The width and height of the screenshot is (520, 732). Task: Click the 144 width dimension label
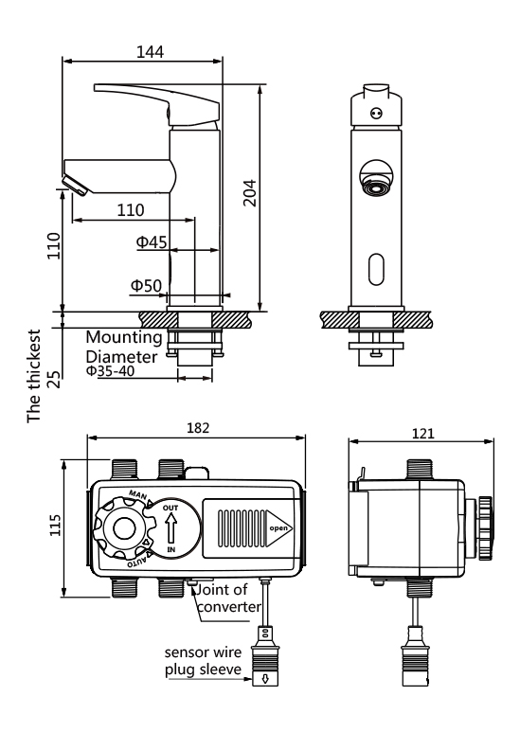pos(150,52)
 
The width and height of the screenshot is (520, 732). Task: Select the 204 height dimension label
pos(250,193)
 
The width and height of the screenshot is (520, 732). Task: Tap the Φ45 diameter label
pos(152,241)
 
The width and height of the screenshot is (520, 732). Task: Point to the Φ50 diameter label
pos(146,285)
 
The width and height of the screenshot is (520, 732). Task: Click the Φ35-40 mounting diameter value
pos(110,370)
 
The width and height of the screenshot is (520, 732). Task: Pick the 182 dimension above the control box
pos(198,428)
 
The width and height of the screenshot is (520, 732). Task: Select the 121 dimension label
pos(422,434)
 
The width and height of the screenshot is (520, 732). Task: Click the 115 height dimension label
pos(56,526)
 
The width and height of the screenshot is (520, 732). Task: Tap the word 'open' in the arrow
pos(278,528)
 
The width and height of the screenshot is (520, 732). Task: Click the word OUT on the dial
pos(170,508)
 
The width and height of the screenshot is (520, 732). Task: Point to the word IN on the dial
pos(171,549)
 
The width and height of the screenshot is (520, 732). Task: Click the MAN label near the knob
pos(137,494)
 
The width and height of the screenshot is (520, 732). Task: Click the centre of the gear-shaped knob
pos(125,528)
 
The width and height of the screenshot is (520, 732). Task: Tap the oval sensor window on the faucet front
pos(376,269)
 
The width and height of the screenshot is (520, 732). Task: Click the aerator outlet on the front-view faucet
pos(376,186)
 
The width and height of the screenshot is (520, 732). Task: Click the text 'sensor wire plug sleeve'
pos(203,661)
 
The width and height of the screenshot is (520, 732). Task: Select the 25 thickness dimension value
pos(55,379)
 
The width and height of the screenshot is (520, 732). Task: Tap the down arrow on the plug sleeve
pos(265,679)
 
